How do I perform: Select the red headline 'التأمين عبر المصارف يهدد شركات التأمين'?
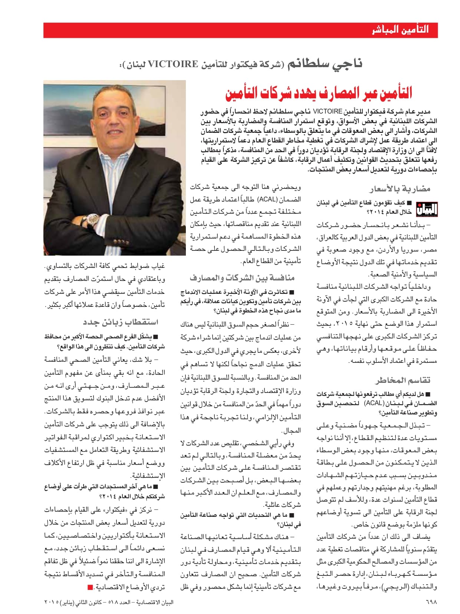click(x=319, y=93)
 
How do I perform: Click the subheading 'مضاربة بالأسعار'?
click(x=400, y=189)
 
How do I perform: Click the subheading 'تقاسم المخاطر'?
click(x=402, y=380)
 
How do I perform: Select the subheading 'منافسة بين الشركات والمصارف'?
click(x=242, y=278)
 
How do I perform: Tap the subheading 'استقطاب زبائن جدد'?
click(x=121, y=322)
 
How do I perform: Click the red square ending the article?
click(x=90, y=587)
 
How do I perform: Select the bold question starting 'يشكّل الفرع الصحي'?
click(x=105, y=342)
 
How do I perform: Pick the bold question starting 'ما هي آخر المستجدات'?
click(x=105, y=491)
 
